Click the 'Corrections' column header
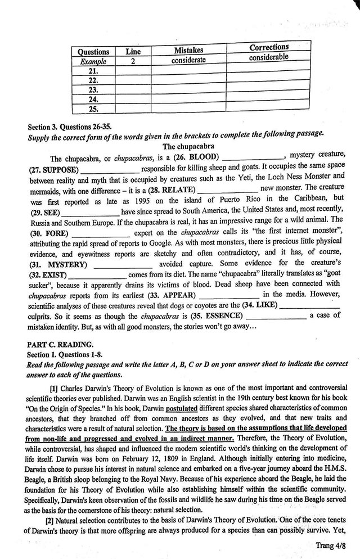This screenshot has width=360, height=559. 269,47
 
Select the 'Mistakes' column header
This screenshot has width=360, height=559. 188,50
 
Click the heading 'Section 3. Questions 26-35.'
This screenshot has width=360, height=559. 74,126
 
